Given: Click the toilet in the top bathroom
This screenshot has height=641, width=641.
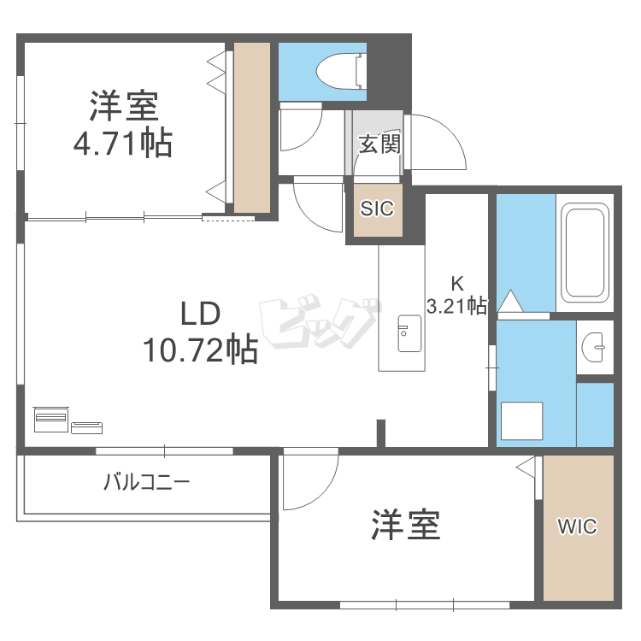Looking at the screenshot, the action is pos(340,71).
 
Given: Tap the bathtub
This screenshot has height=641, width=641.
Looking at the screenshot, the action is pos(585,253).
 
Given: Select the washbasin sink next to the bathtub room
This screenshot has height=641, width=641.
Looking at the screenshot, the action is pos(593,348).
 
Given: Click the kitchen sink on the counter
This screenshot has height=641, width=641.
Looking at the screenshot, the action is pos(409,333).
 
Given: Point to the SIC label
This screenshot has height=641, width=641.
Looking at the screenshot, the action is pos(377,209).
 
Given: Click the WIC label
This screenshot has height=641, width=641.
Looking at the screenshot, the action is pos(577,526).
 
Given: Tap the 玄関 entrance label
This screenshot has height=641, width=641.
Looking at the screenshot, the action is pos(379,144).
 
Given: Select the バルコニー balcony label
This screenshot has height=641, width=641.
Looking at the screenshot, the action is pos(147,482).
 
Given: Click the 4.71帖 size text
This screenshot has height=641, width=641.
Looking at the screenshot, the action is pos(122,144).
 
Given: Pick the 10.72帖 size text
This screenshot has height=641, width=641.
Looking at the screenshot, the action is pos(200,350).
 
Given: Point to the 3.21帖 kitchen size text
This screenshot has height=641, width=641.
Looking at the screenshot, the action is pos(456,305).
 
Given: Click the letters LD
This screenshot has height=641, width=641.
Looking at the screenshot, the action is pos(200,314).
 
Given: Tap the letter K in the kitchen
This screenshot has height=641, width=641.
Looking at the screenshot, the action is pos(457,283).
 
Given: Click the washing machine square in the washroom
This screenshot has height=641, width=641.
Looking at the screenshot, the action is pos(522,420).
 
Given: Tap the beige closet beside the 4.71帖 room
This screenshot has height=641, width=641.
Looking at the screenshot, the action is pos(252,128).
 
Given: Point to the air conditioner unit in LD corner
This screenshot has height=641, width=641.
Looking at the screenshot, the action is pos(51,419).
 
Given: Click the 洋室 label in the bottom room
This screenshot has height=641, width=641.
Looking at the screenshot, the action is pos(405,525).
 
